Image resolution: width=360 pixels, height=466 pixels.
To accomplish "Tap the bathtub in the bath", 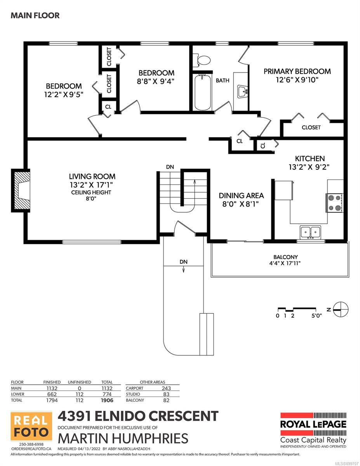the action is pos(202,92).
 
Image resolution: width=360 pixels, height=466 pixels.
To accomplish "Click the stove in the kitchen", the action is pos(334,203).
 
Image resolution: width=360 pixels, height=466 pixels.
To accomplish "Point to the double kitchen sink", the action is pos(310,232).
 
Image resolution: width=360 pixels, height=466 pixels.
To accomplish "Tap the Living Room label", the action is pos(92,176).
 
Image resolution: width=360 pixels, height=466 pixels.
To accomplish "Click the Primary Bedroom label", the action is pos(297,71).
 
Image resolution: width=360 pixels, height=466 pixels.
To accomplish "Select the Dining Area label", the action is pos(241,196).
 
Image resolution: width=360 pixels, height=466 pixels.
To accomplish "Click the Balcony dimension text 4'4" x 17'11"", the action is pos(285,263).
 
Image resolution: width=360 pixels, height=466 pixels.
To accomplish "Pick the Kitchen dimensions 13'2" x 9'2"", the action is pos(309,167).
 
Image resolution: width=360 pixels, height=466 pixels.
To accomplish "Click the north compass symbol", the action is pos(341,310).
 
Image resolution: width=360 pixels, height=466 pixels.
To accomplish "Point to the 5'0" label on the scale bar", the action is pos(317,316).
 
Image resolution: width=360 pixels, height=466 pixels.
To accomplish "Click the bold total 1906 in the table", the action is pos(107,400).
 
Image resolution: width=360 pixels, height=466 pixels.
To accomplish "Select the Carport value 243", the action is pos(166,388).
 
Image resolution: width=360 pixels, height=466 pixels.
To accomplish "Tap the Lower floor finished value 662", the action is pos(52,394).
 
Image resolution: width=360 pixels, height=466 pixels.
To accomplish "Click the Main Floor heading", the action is pos(35,16).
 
